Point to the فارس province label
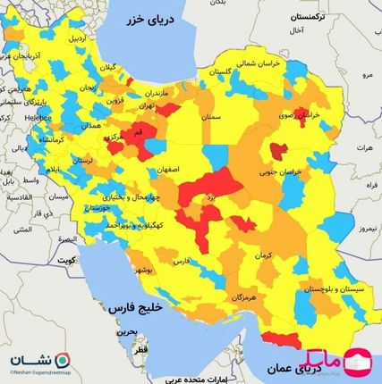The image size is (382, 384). pos(181,261)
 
